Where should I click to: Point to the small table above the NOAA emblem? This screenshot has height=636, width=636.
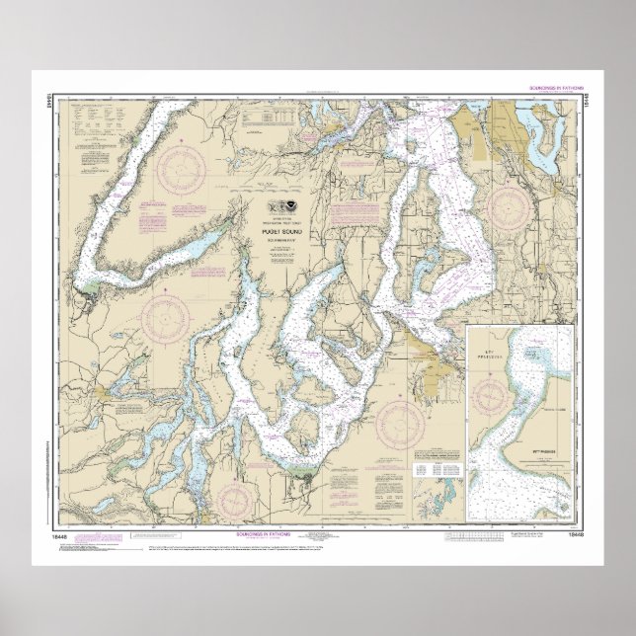pos(267,116)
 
